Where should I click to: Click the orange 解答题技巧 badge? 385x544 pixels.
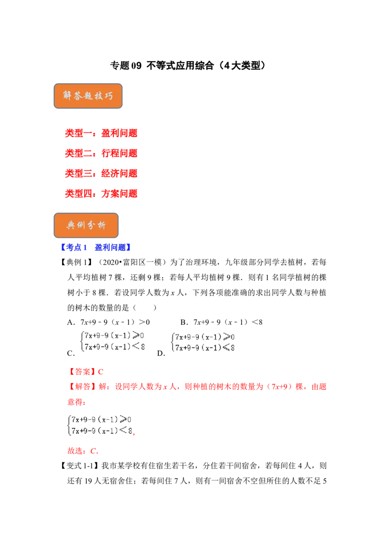88,97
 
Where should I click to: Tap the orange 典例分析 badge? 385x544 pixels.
86,225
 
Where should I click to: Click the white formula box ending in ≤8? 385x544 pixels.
204,342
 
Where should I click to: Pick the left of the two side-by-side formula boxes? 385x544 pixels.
112,342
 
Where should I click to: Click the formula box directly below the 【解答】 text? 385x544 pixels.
100,425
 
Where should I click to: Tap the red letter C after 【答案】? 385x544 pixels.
101,371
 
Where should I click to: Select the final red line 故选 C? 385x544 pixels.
82,452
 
